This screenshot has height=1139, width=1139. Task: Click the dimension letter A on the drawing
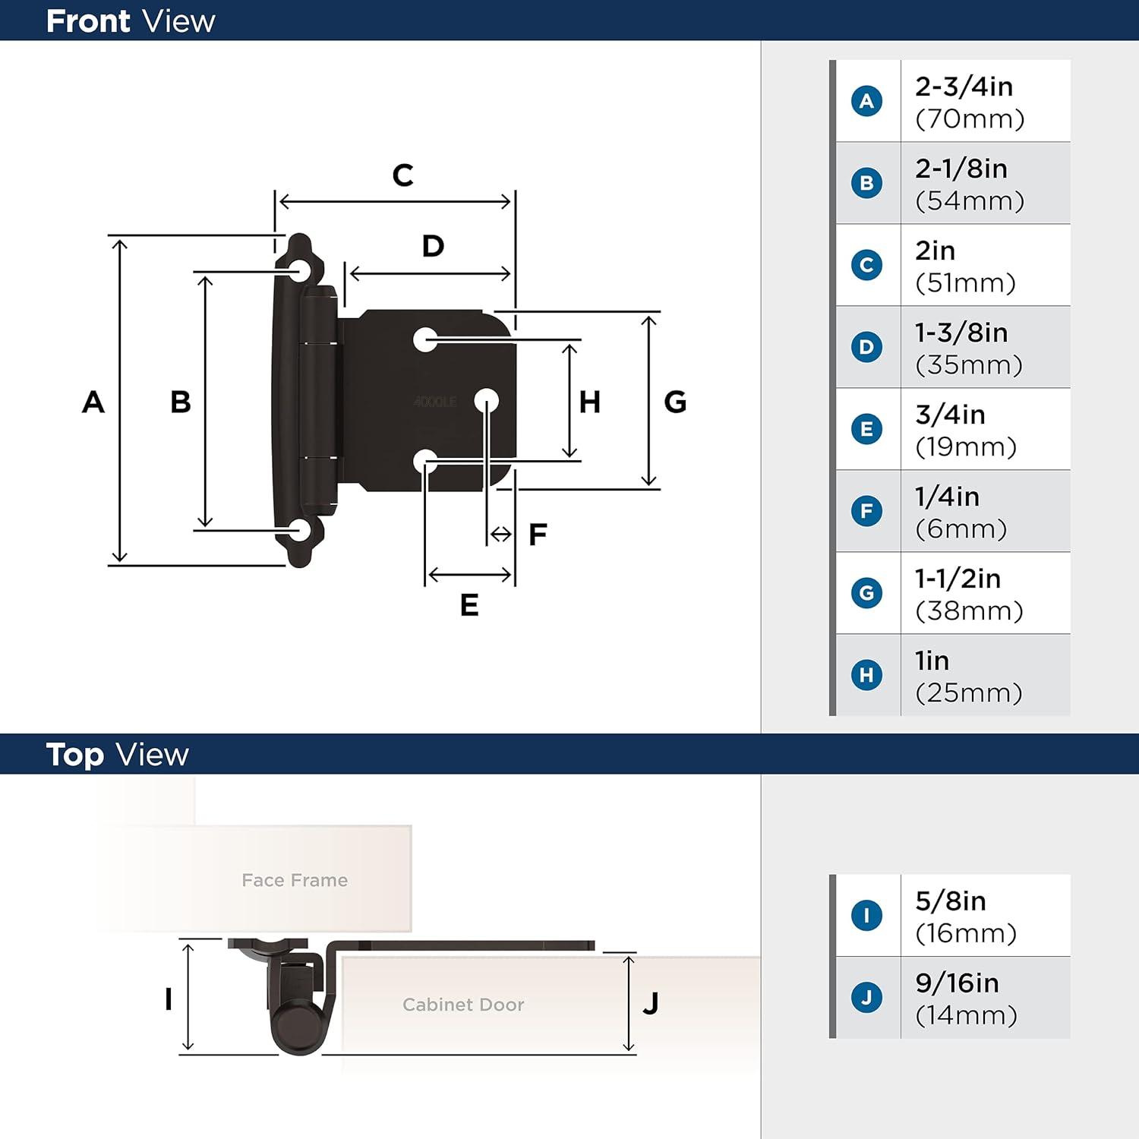(x=93, y=402)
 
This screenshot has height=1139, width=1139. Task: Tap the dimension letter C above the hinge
(x=402, y=175)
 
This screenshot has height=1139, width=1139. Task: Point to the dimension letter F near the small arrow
(x=538, y=535)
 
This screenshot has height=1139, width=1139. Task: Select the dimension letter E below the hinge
(x=469, y=605)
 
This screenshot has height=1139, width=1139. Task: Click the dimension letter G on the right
(x=675, y=402)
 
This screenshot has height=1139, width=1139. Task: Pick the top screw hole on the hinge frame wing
(x=299, y=271)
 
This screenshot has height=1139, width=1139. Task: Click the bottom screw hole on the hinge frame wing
(x=299, y=531)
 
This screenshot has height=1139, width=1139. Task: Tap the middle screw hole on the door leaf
(x=486, y=400)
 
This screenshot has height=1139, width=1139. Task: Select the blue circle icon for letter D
(x=866, y=347)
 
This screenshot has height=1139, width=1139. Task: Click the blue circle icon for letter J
(x=866, y=997)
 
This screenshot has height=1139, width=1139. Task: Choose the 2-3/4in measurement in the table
(x=964, y=87)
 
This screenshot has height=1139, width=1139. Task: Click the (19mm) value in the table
(x=966, y=447)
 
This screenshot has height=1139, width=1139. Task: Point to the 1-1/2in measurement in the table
(x=958, y=579)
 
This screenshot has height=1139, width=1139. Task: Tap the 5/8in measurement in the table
(x=951, y=901)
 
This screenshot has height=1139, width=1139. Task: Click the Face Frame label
(x=295, y=880)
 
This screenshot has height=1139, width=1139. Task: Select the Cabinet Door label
(x=463, y=1005)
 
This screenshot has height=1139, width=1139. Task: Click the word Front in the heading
(x=88, y=21)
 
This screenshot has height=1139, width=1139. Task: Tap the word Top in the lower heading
(x=74, y=755)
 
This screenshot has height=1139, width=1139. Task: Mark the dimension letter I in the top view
(x=169, y=999)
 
